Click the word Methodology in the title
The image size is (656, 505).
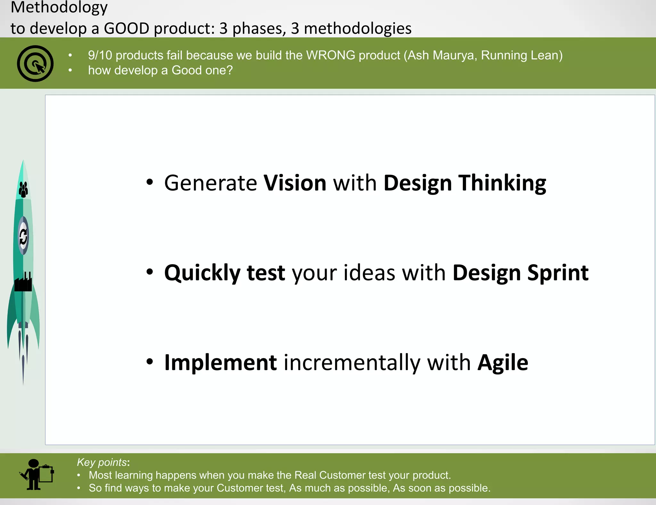click(x=59, y=7)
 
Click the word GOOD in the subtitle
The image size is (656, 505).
click(x=127, y=28)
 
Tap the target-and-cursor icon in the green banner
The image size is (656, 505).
click(x=35, y=63)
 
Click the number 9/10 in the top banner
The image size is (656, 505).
click(x=100, y=55)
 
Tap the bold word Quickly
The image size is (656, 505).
click(x=202, y=273)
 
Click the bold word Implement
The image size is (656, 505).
click(x=221, y=363)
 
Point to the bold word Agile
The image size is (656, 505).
click(x=503, y=363)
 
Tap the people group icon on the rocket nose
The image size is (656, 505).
click(x=23, y=189)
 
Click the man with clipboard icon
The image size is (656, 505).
click(x=37, y=475)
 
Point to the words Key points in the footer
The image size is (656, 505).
click(x=102, y=462)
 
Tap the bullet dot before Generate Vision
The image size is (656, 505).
click(x=150, y=182)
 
